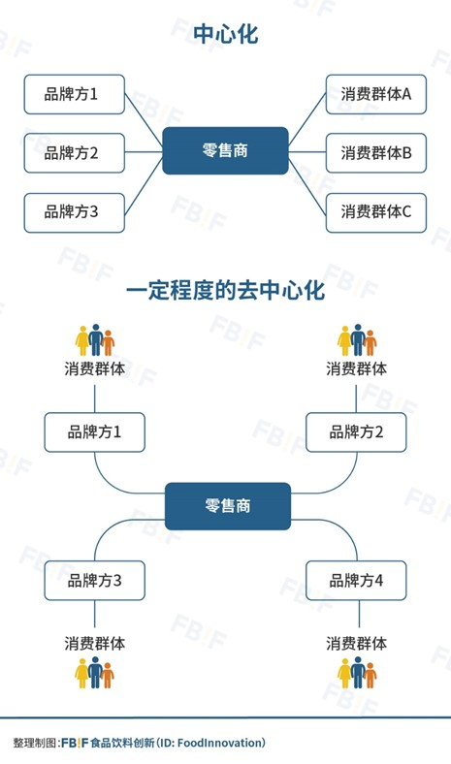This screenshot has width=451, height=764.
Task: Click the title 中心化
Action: coord(225,34)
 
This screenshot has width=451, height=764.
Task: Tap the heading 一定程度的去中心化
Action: coord(225,291)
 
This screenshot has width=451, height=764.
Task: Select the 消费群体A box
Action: coord(376,94)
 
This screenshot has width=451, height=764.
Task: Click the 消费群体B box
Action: coord(376,153)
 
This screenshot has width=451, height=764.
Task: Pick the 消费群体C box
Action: coord(376,212)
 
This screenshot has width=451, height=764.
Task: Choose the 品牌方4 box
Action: coord(356,581)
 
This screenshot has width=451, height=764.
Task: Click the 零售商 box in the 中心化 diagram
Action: coord(225,150)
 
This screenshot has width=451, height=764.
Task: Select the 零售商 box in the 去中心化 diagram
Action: coord(228,506)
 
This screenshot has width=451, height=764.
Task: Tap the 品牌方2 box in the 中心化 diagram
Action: coord(74,153)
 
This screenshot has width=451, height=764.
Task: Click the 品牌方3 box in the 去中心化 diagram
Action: coord(95,581)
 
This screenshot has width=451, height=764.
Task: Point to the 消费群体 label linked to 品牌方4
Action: coord(356,644)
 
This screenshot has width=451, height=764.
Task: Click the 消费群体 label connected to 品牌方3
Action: coord(95,644)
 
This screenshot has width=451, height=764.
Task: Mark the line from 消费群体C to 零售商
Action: coord(307,184)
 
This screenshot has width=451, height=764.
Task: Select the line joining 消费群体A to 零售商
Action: coord(307,119)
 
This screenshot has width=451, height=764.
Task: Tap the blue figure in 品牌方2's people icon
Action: coord(358,339)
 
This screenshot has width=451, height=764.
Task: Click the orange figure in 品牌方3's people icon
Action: coord(108,676)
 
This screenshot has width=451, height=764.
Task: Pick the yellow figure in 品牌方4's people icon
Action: coord(344,674)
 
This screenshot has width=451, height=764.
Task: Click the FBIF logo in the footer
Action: coord(75,743)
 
